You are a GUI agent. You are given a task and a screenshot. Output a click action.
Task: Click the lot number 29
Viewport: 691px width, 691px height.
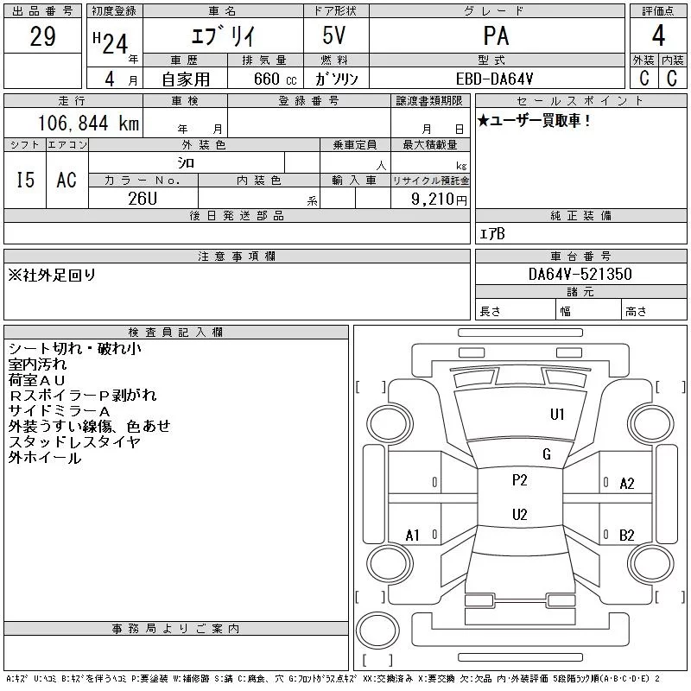(x=42, y=36)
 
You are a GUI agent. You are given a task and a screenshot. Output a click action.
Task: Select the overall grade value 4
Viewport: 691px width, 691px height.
(x=658, y=35)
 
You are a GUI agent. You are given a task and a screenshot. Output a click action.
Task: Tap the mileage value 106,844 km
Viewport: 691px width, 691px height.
(x=88, y=123)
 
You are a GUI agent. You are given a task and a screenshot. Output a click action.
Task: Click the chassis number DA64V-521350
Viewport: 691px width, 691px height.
(x=580, y=274)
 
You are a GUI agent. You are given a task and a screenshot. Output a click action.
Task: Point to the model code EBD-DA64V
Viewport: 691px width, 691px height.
(x=494, y=79)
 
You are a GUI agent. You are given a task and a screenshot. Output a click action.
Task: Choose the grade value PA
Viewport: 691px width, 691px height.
(x=496, y=35)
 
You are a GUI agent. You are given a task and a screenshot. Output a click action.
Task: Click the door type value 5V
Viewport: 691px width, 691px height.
(x=334, y=35)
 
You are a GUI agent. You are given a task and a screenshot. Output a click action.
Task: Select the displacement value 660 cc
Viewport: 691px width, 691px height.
(x=275, y=79)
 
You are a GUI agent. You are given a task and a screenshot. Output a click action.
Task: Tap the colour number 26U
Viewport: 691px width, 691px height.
(x=143, y=199)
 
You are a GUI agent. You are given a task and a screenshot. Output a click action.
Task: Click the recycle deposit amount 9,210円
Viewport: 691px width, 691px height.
(x=439, y=200)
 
